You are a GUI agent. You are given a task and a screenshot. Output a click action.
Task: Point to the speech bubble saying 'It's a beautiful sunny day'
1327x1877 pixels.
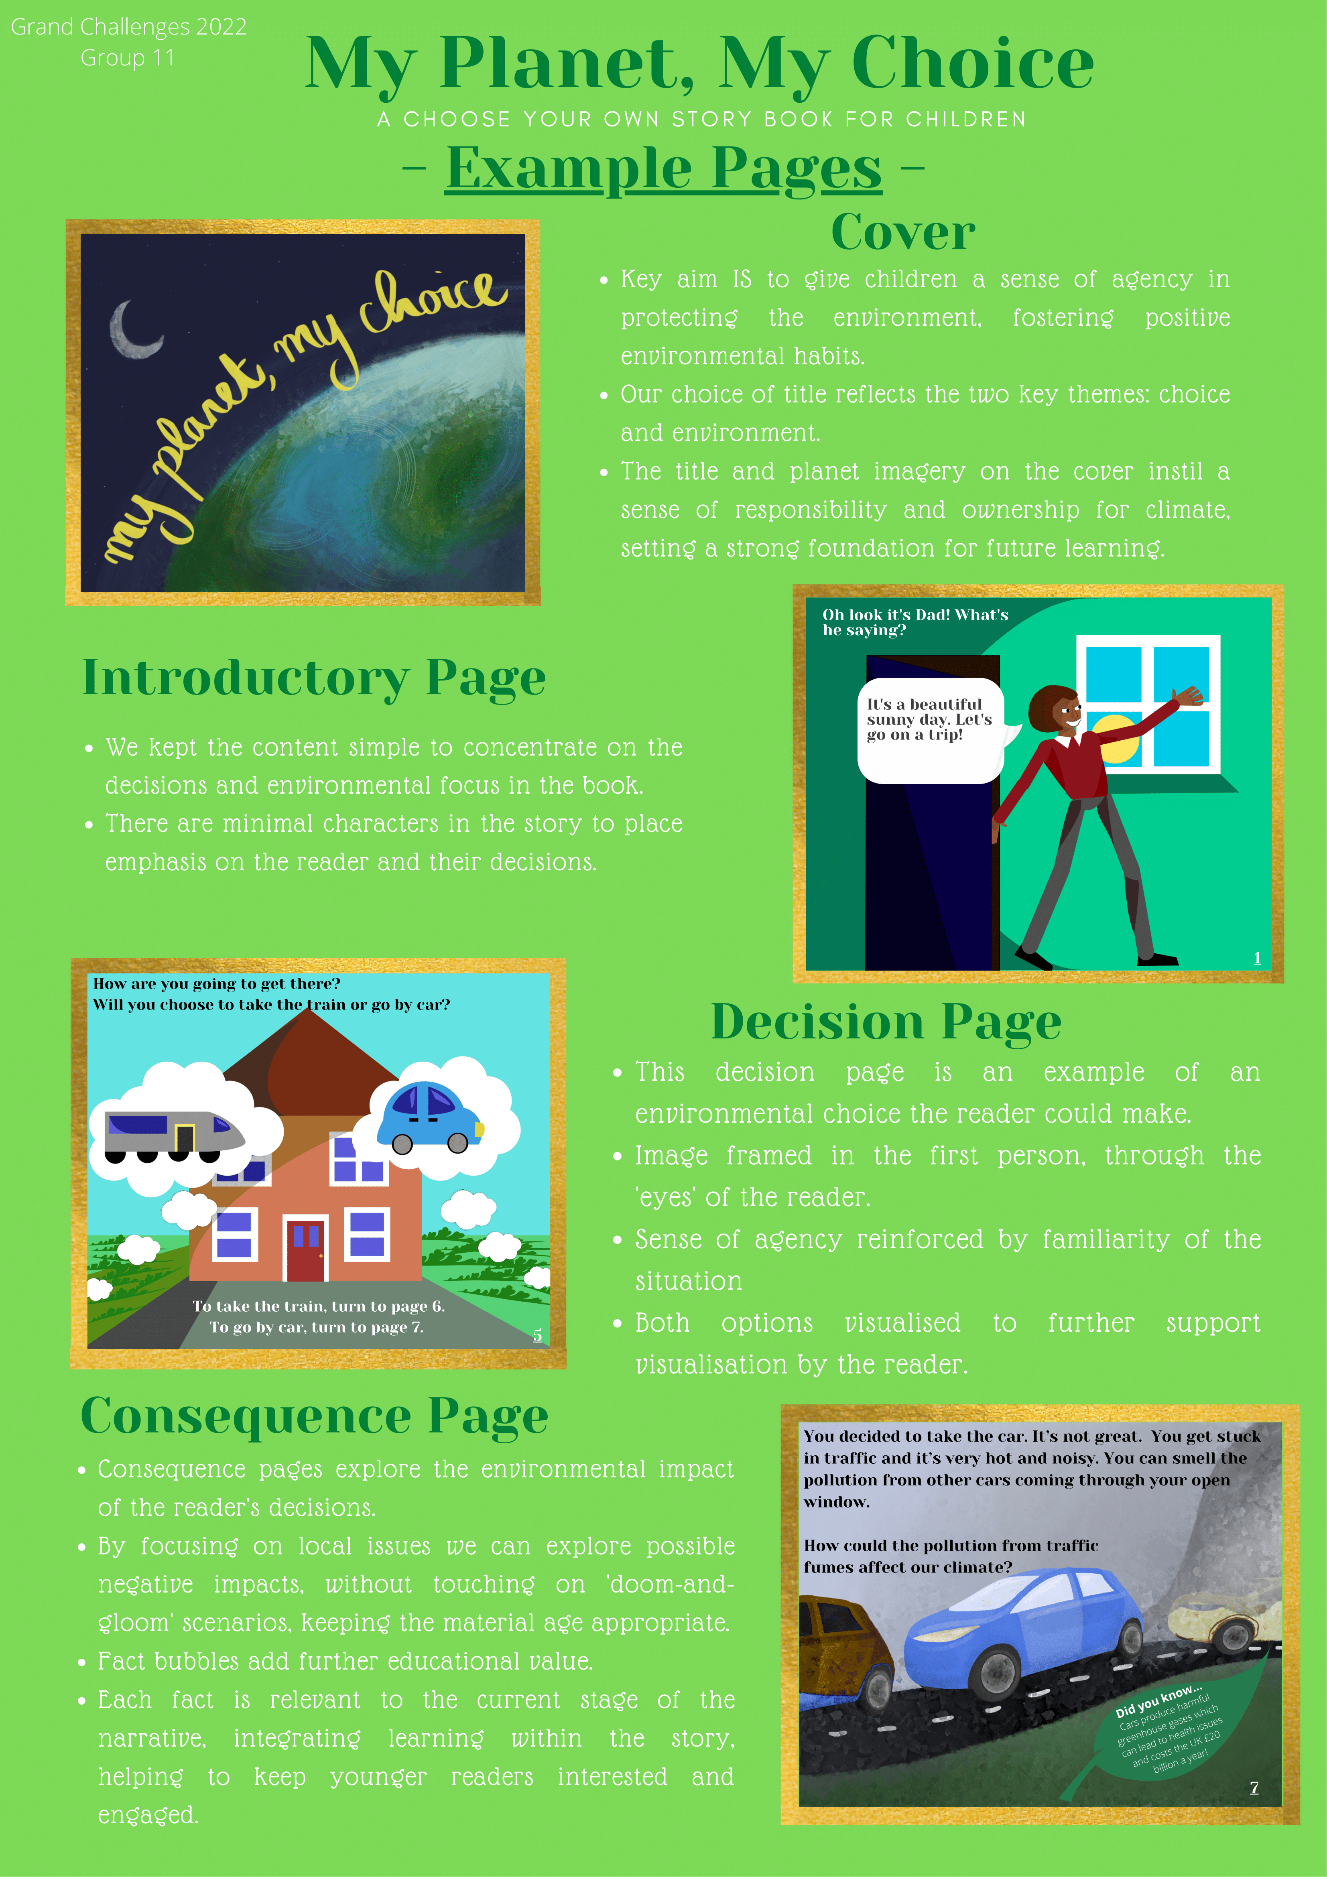[931, 727]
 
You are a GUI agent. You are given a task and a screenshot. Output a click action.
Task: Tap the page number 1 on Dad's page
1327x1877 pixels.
[1257, 957]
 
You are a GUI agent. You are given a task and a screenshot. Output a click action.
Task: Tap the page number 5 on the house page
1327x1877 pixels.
[537, 1334]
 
